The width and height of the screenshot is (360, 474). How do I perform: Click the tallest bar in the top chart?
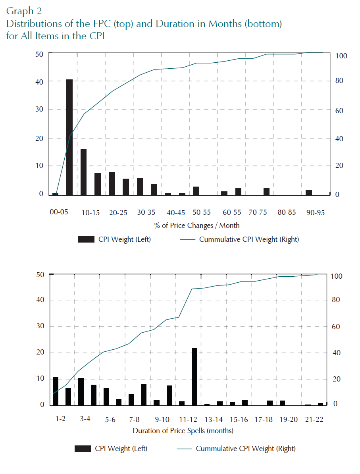(x=69, y=137)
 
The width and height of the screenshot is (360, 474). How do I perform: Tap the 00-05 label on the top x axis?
(x=59, y=212)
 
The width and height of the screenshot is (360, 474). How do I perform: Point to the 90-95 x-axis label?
(x=316, y=212)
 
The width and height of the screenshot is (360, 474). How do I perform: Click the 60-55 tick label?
(x=232, y=212)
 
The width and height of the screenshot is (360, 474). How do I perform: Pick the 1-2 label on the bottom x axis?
(x=60, y=419)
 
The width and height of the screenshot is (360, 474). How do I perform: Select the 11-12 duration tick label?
(x=188, y=420)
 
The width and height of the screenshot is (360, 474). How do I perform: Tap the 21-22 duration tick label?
(x=314, y=420)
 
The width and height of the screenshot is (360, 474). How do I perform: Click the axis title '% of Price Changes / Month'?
(x=197, y=225)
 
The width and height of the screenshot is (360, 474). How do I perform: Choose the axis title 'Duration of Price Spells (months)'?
(x=183, y=431)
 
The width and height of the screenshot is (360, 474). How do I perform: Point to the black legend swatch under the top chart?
(x=86, y=239)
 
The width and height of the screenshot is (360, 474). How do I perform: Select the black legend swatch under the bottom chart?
(x=83, y=449)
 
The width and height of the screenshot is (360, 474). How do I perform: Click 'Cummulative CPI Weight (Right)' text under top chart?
(x=249, y=239)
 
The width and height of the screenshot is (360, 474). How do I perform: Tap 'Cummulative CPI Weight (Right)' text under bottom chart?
(x=246, y=449)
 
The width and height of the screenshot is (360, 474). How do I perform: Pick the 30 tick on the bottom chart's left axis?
(x=40, y=326)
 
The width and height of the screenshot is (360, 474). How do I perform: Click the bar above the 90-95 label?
(x=309, y=193)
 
